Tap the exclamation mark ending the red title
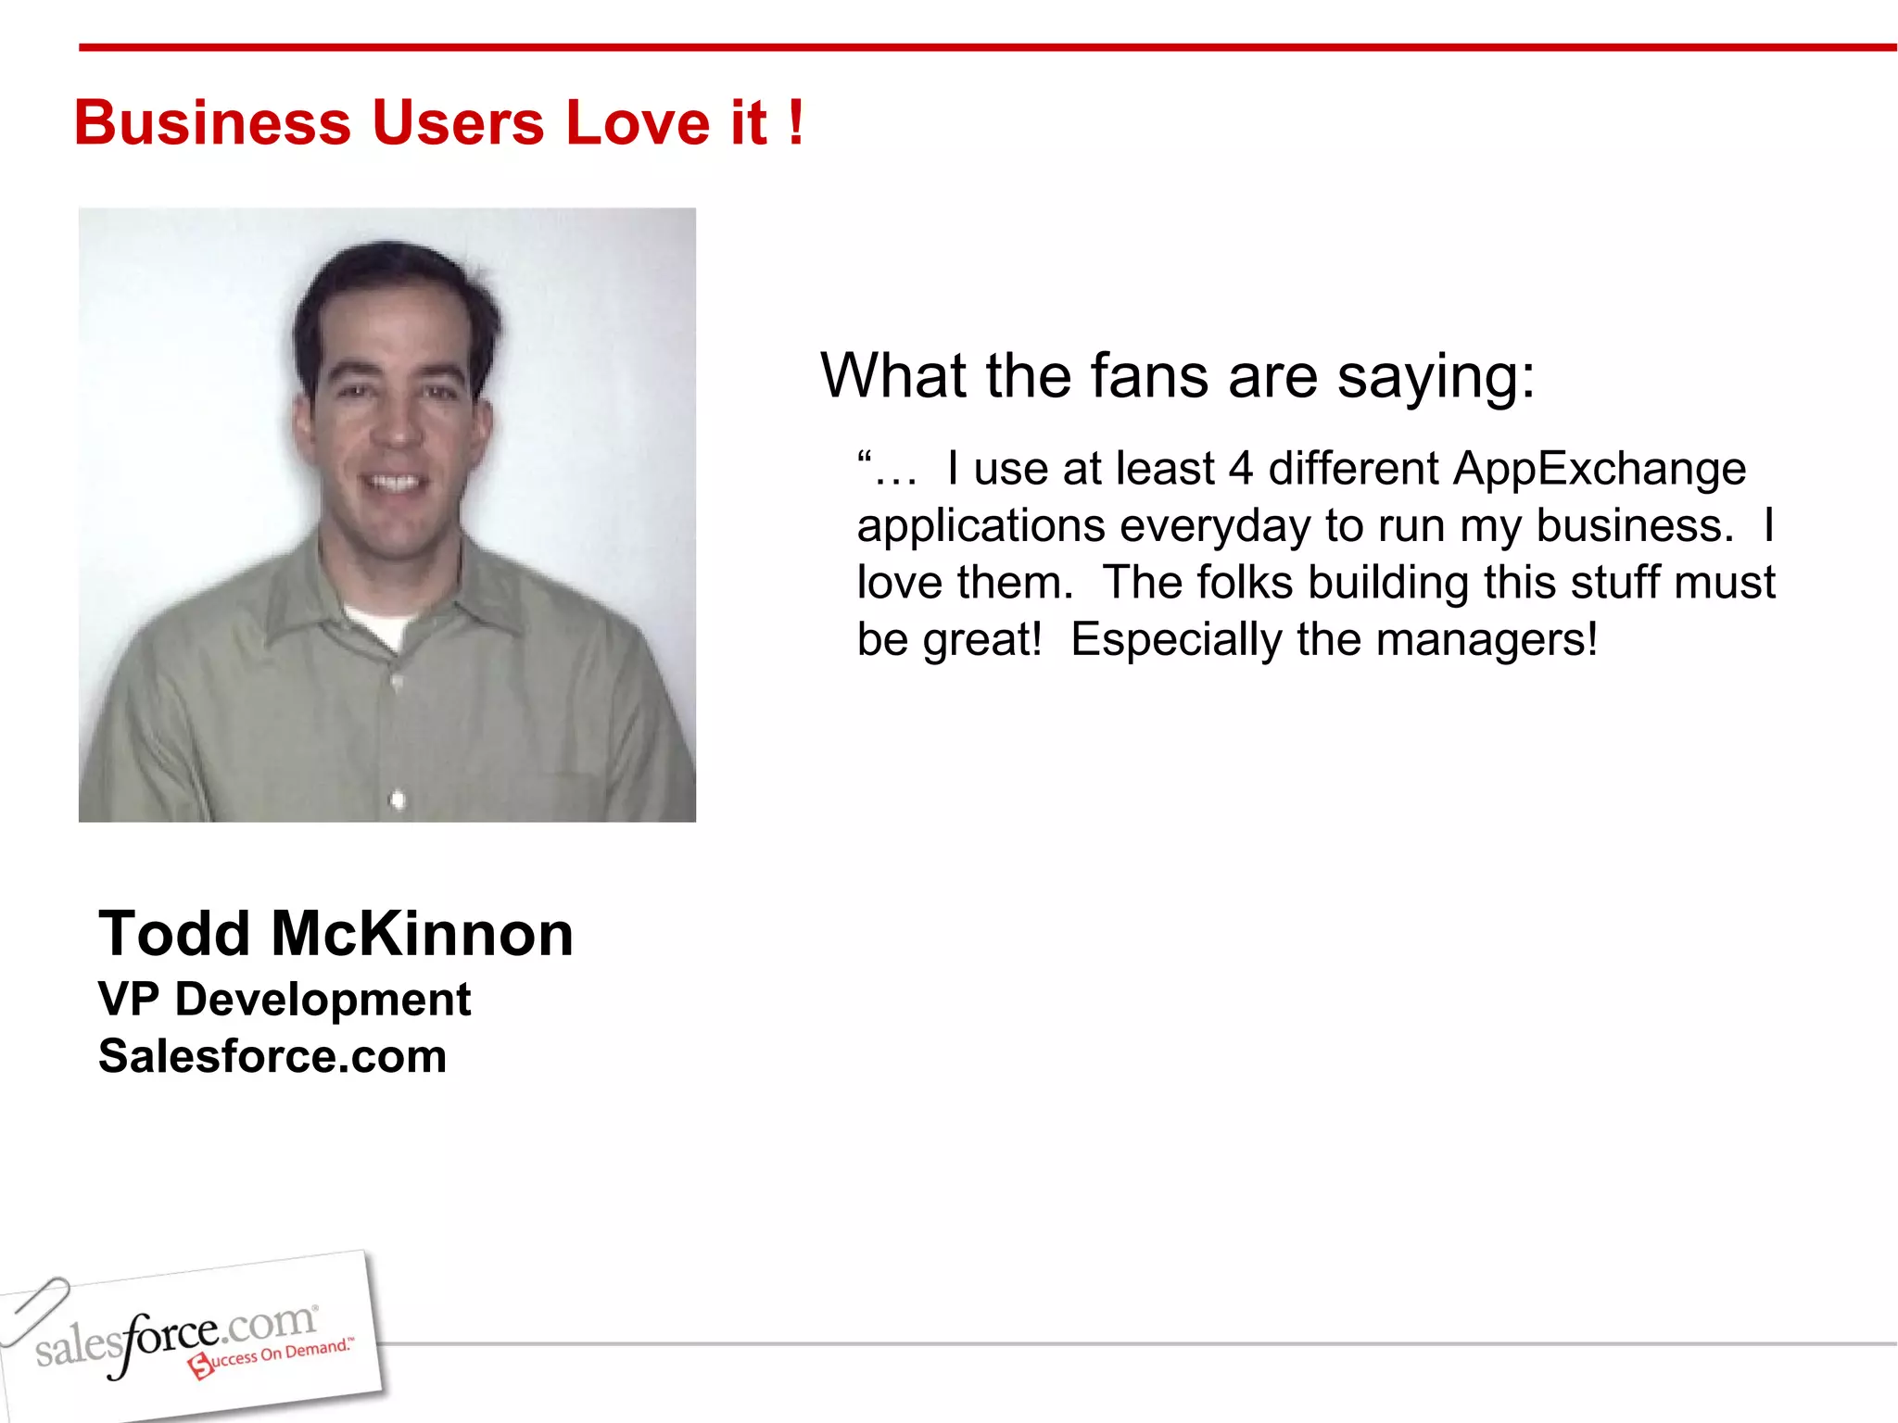[x=795, y=123]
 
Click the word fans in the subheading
[x=1149, y=376]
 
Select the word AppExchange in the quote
[x=1599, y=469]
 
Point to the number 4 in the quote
[x=1241, y=469]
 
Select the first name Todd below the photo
[x=174, y=934]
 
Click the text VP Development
[x=285, y=1000]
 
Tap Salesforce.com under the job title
[x=272, y=1057]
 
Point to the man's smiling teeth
[x=395, y=483]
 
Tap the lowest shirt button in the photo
[x=398, y=799]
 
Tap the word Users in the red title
[x=458, y=123]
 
